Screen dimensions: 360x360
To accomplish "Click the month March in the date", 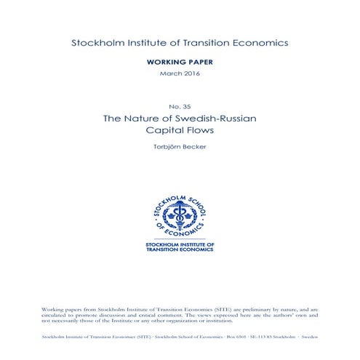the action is (169, 74).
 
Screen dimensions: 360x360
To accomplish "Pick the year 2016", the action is (193, 74).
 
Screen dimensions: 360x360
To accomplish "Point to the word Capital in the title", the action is (164, 131).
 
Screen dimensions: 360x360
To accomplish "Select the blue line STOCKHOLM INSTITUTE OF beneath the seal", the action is (180, 244).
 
